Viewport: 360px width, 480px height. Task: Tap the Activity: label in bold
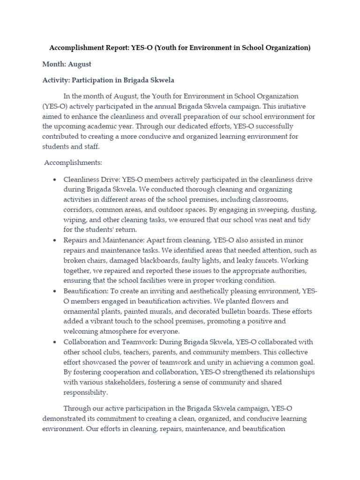55,81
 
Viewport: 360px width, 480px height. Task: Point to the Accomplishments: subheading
73,163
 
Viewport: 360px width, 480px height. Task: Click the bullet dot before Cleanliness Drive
55,180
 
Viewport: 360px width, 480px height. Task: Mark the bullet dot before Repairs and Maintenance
55,240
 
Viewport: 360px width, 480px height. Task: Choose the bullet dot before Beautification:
55,291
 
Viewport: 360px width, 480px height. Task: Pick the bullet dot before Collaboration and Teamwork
55,342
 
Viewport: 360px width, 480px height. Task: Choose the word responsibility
85,392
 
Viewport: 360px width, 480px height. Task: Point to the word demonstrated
67,418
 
